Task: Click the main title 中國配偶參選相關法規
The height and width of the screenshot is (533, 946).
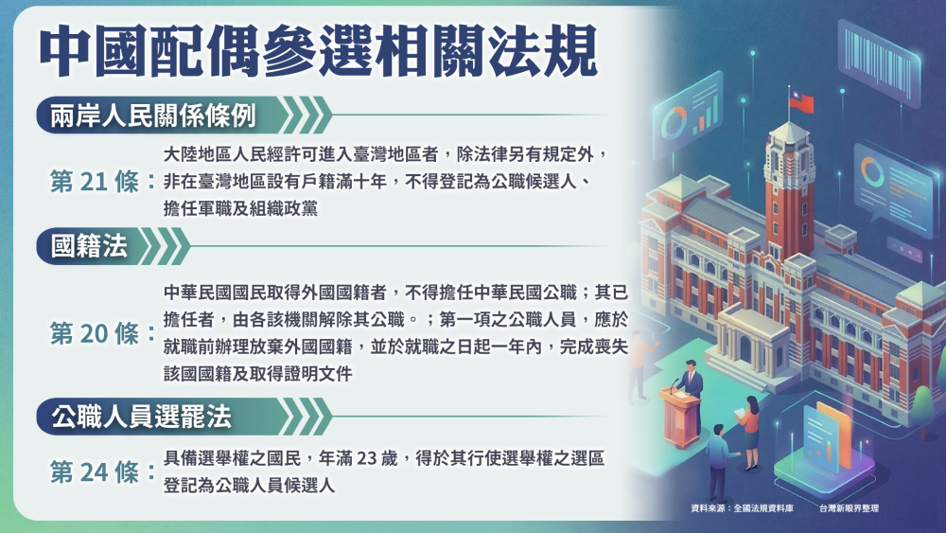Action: tap(318, 51)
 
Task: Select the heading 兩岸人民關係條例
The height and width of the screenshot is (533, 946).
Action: tap(153, 115)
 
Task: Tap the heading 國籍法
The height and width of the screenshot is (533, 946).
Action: tap(89, 246)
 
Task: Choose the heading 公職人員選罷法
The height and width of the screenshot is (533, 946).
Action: tap(141, 417)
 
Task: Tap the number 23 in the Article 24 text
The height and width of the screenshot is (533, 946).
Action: tap(367, 458)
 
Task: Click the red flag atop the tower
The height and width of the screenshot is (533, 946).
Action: tap(802, 102)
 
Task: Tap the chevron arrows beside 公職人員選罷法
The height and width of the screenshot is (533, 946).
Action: tap(307, 417)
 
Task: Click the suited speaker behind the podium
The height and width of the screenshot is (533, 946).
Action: tap(690, 386)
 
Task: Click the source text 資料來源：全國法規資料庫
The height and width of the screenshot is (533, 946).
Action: tap(742, 508)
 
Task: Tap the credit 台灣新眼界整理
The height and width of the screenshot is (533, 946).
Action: tap(849, 508)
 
